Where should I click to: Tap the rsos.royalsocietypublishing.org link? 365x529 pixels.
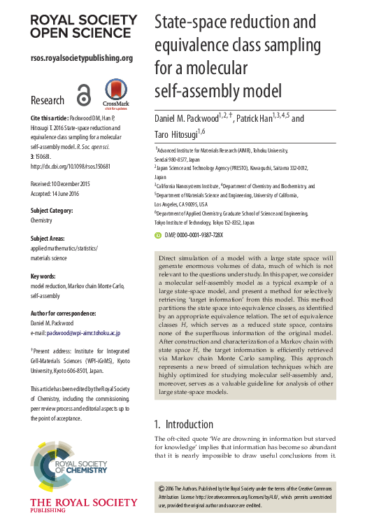click(x=82, y=58)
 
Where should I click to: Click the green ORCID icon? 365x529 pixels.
click(x=158, y=235)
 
